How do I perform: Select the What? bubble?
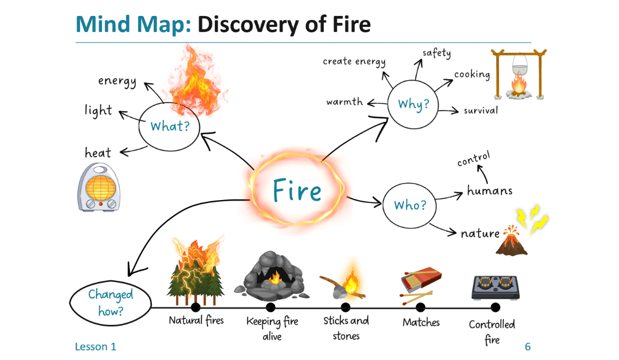click(x=170, y=126)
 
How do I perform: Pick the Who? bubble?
click(x=410, y=205)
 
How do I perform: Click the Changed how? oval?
click(x=111, y=303)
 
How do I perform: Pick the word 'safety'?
click(x=437, y=53)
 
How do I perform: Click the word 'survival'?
click(x=481, y=110)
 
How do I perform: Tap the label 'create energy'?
click(x=354, y=61)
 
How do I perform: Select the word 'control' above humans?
click(x=473, y=159)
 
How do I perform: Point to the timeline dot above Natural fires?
click(x=195, y=308)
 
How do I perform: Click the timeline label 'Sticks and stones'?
click(x=346, y=328)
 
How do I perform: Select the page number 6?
click(x=527, y=347)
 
